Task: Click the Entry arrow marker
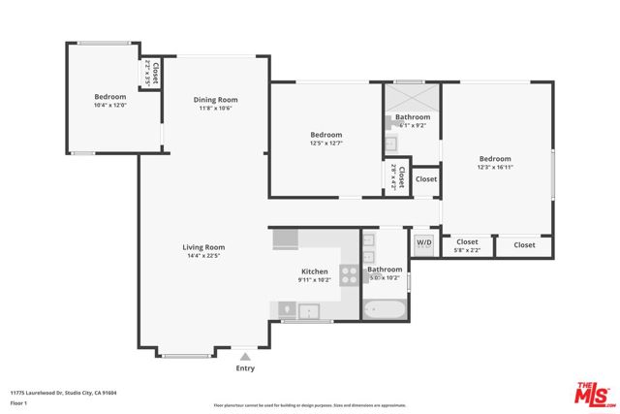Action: [x=244, y=357]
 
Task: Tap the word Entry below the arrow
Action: [x=245, y=368]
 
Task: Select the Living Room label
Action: [x=203, y=247]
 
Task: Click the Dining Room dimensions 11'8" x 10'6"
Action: [x=215, y=109]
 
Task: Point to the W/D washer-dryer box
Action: [x=423, y=243]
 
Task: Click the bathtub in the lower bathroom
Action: [x=384, y=309]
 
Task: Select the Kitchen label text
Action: [x=315, y=271]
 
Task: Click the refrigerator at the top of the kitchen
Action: [x=285, y=239]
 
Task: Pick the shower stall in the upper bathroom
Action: [x=412, y=100]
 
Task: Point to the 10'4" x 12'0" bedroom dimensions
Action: [x=109, y=105]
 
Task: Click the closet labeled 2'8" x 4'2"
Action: [x=393, y=176]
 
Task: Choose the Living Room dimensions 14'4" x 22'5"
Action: [x=203, y=257]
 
